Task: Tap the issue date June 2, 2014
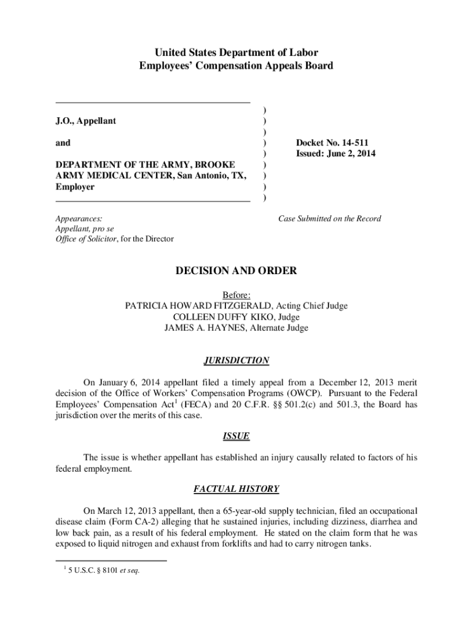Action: pyautogui.click(x=351, y=154)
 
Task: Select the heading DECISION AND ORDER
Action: pyautogui.click(x=237, y=271)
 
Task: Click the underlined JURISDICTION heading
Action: pyautogui.click(x=237, y=361)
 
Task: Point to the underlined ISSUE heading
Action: pyautogui.click(x=237, y=436)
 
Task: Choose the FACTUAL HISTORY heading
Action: pyautogui.click(x=237, y=489)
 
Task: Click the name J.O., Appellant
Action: pyautogui.click(x=85, y=121)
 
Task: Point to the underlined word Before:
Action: pyautogui.click(x=237, y=295)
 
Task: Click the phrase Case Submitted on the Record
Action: pyautogui.click(x=329, y=218)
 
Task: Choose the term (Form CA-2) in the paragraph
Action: pyautogui.click(x=122, y=521)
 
